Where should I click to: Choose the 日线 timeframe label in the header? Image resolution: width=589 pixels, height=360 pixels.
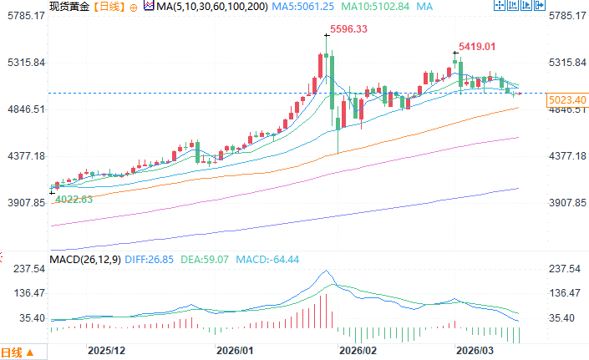coord(108,7)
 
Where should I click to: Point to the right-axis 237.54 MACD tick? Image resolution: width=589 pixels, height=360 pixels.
coord(566,269)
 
